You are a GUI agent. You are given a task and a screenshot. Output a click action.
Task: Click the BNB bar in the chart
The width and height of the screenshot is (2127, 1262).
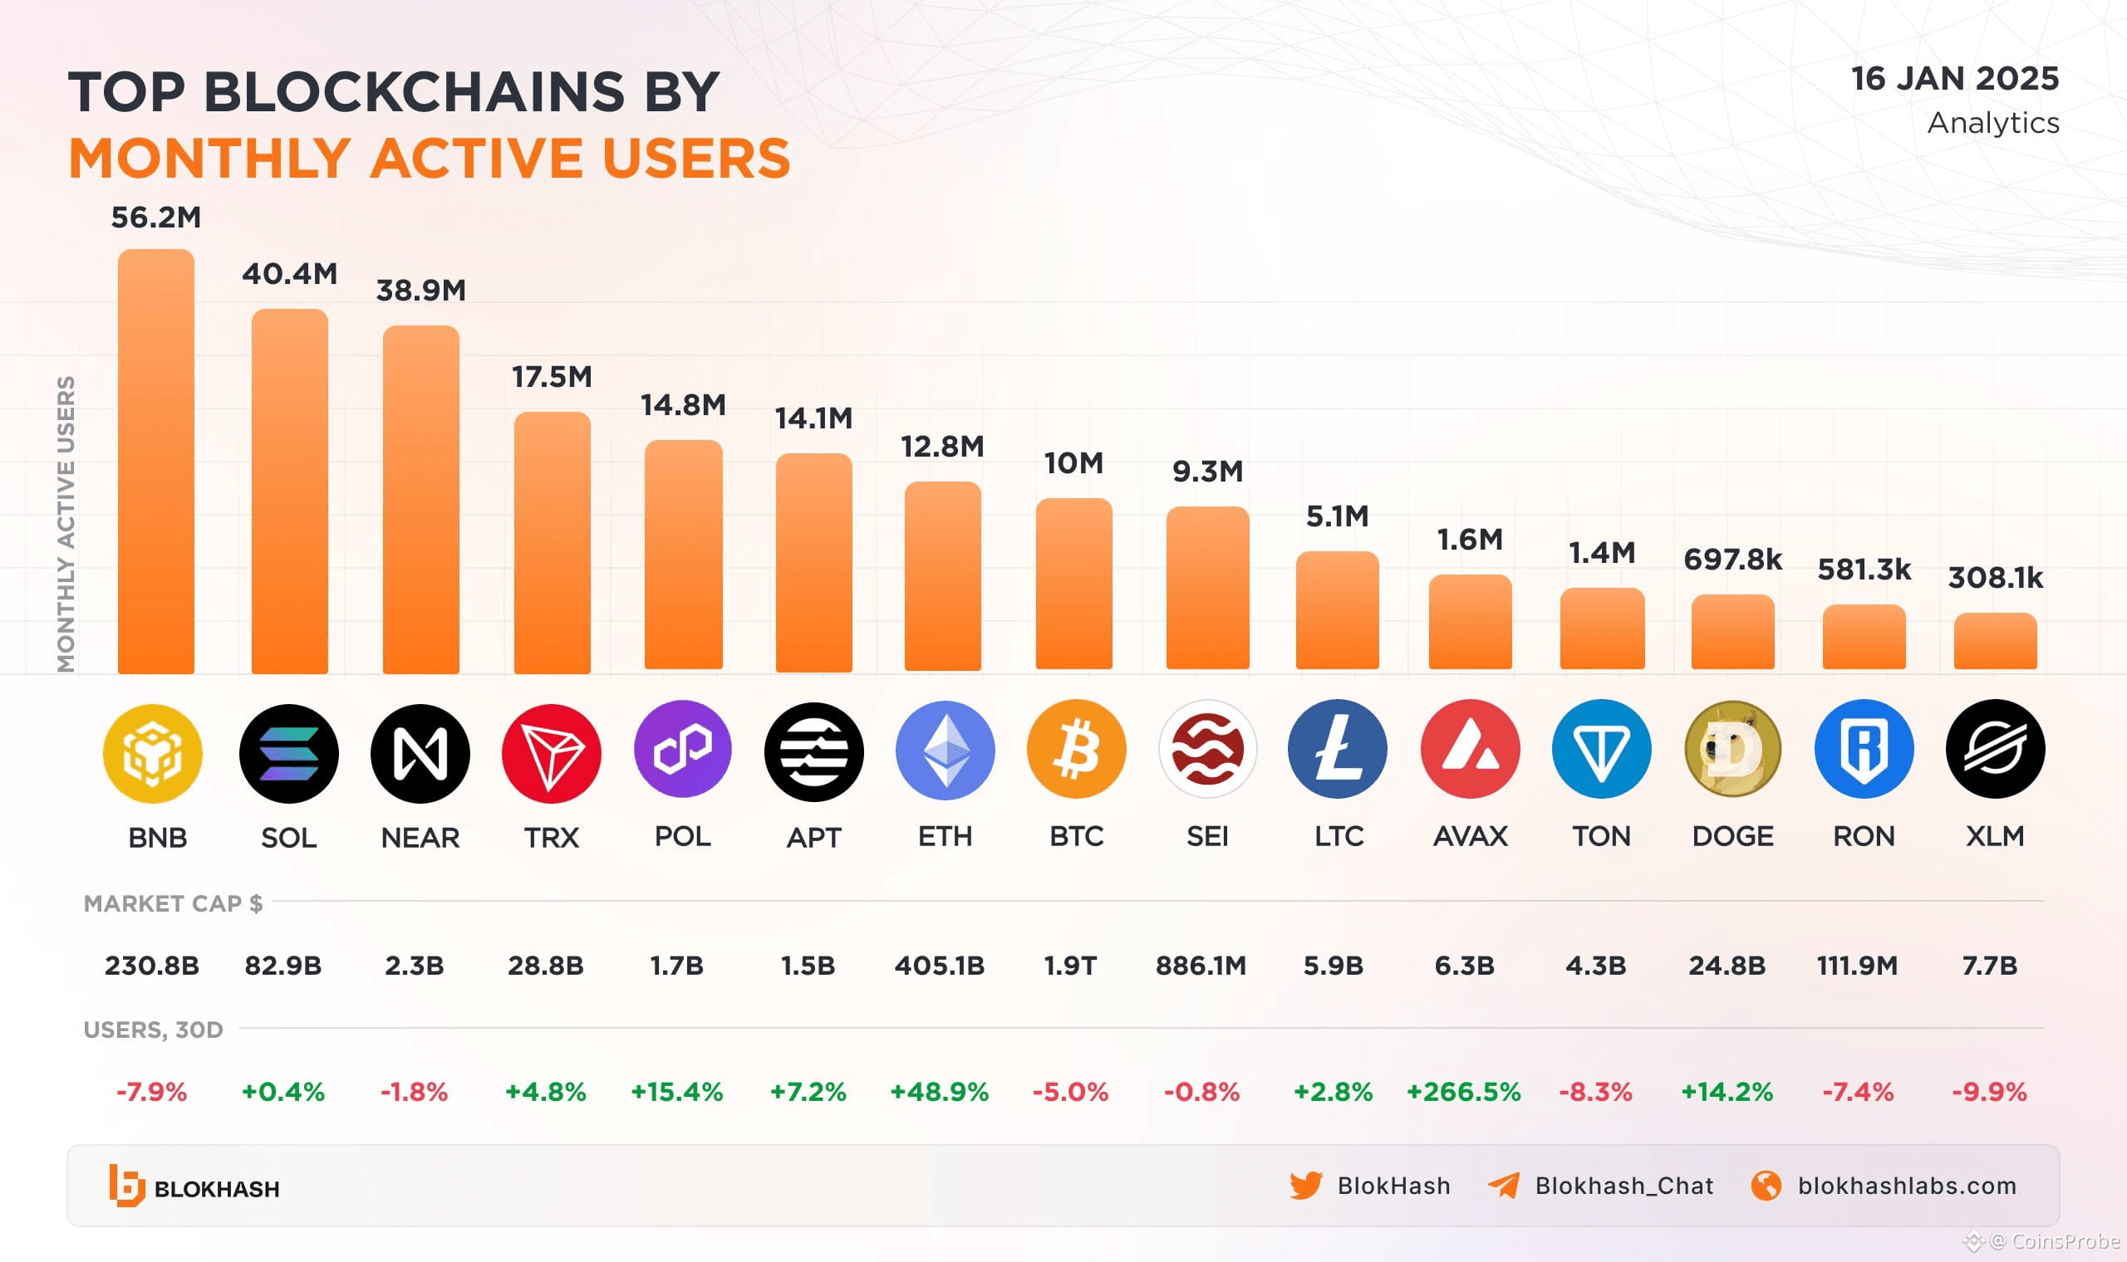click(155, 461)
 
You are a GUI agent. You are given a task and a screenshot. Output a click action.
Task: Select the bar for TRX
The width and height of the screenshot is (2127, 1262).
click(552, 542)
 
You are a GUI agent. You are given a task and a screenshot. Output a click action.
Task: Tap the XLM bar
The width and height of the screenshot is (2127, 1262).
click(1994, 640)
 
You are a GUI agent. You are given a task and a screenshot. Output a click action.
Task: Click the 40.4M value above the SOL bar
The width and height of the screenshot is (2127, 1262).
click(289, 274)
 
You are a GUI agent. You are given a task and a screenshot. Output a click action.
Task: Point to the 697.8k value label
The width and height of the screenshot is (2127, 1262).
click(1732, 560)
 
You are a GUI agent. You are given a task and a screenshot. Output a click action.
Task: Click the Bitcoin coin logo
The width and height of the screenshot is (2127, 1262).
click(1075, 750)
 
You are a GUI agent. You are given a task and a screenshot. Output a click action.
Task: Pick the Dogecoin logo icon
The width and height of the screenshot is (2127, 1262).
click(1732, 750)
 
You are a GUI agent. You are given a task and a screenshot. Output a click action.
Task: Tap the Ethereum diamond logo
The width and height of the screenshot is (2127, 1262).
click(945, 750)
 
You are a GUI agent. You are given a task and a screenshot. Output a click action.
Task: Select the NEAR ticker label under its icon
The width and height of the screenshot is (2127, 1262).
click(420, 838)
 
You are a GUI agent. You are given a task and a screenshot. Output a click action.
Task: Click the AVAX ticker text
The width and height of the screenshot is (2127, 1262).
click(1469, 837)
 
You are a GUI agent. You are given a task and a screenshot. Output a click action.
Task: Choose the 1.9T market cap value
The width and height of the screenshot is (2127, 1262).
click(1069, 966)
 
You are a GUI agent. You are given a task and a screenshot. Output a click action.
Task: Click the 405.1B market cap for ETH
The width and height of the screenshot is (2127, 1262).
click(938, 966)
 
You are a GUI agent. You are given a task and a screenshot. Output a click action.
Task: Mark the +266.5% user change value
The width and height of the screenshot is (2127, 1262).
click(1463, 1091)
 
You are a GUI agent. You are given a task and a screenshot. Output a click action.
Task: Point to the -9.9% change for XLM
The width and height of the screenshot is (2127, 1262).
click(1988, 1091)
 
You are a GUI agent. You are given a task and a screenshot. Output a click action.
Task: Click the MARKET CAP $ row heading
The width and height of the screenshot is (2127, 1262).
click(173, 903)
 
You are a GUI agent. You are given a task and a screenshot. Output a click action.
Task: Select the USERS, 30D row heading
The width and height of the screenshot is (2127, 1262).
click(153, 1030)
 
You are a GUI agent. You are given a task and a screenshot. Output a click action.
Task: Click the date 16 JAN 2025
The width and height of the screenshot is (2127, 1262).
click(1954, 78)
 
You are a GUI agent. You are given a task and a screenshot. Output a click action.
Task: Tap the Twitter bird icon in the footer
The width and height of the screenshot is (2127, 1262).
click(1305, 1186)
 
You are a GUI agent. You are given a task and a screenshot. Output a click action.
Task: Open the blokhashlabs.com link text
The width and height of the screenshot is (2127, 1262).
click(1906, 1186)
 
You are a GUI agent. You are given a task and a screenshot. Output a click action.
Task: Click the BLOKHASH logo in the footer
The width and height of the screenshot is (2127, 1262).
click(194, 1186)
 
